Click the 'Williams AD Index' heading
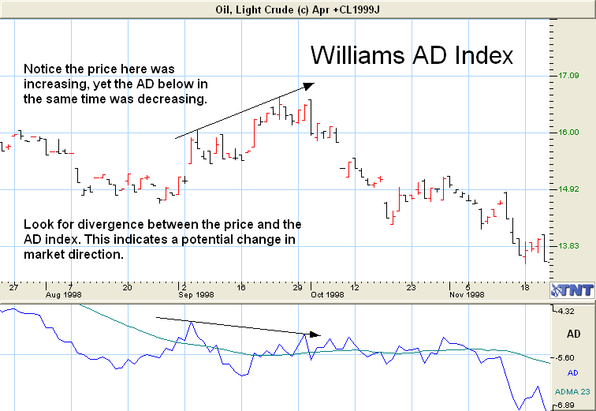(x=412, y=56)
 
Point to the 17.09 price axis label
(x=568, y=76)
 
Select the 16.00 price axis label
(x=568, y=133)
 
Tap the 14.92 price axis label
(x=568, y=189)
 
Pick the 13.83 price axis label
(x=568, y=246)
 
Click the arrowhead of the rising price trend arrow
(x=310, y=84)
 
